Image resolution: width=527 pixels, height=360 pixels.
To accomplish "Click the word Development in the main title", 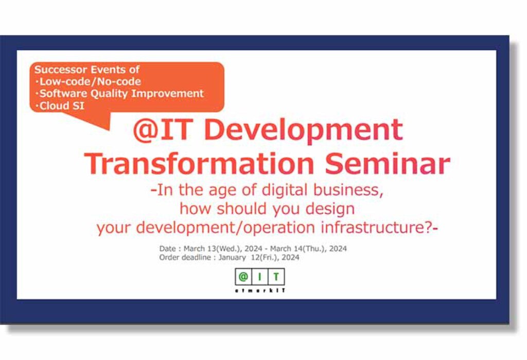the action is [304, 130].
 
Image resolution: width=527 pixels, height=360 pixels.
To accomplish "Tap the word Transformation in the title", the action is [199, 164].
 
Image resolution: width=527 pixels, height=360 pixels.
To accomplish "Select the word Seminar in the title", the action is [388, 164].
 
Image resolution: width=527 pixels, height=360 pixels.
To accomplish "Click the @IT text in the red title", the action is [163, 130].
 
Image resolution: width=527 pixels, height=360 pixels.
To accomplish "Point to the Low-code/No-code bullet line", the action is [88, 81].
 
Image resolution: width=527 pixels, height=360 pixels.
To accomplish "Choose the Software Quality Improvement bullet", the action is [119, 94].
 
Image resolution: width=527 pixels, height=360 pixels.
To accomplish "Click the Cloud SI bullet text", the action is [60, 106].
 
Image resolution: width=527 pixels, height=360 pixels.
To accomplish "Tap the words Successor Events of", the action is [86, 70].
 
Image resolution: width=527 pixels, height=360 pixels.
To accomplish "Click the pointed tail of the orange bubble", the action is [109, 129].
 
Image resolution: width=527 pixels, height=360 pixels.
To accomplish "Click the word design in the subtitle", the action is [330, 209].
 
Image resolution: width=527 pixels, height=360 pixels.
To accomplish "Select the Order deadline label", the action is [185, 258].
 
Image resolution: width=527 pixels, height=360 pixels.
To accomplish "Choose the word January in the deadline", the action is [232, 258].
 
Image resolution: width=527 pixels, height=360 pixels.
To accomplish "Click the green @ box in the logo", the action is [243, 277].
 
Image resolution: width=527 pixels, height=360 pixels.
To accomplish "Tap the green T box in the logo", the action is [276, 277].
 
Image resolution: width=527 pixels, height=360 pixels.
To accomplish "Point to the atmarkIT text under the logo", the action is [260, 290].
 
